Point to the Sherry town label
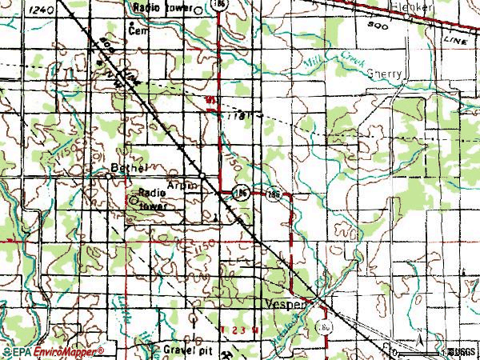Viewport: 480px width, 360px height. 385,71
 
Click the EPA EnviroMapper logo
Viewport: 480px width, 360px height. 53,351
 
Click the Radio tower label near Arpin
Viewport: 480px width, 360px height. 154,198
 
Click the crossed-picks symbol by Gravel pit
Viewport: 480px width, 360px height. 230,352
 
